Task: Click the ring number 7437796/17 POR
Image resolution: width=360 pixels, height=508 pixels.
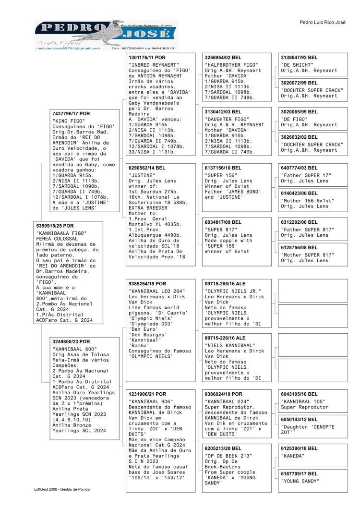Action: tap(71, 114)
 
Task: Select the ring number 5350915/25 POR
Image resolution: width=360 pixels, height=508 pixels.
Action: tap(56, 225)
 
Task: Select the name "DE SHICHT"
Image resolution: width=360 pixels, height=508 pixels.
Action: tap(298, 64)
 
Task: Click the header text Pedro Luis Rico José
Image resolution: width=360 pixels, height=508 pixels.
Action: tap(322, 23)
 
